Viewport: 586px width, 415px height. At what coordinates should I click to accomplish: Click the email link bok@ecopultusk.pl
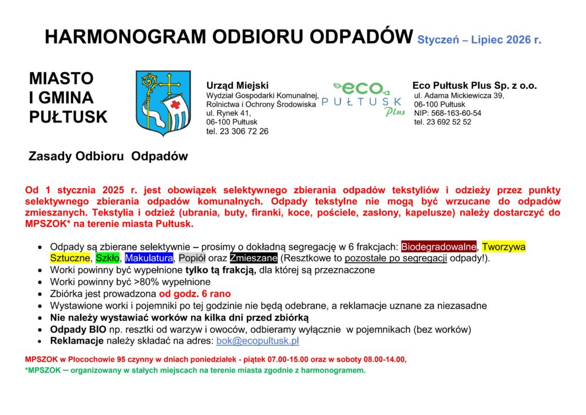coord(258,341)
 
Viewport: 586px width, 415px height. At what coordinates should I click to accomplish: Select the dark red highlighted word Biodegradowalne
coord(439,247)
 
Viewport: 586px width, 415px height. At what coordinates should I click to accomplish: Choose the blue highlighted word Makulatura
coord(149,258)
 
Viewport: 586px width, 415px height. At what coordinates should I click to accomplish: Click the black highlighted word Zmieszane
coord(254,258)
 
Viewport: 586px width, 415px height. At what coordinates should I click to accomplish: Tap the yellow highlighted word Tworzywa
coord(504,247)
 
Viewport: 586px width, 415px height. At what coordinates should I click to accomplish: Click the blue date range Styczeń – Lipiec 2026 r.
coord(479,40)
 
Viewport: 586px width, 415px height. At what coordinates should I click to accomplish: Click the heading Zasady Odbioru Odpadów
coord(108,156)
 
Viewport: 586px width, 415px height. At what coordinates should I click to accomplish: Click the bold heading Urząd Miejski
coord(237,85)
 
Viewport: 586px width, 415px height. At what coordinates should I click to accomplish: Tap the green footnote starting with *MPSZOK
coord(195,371)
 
